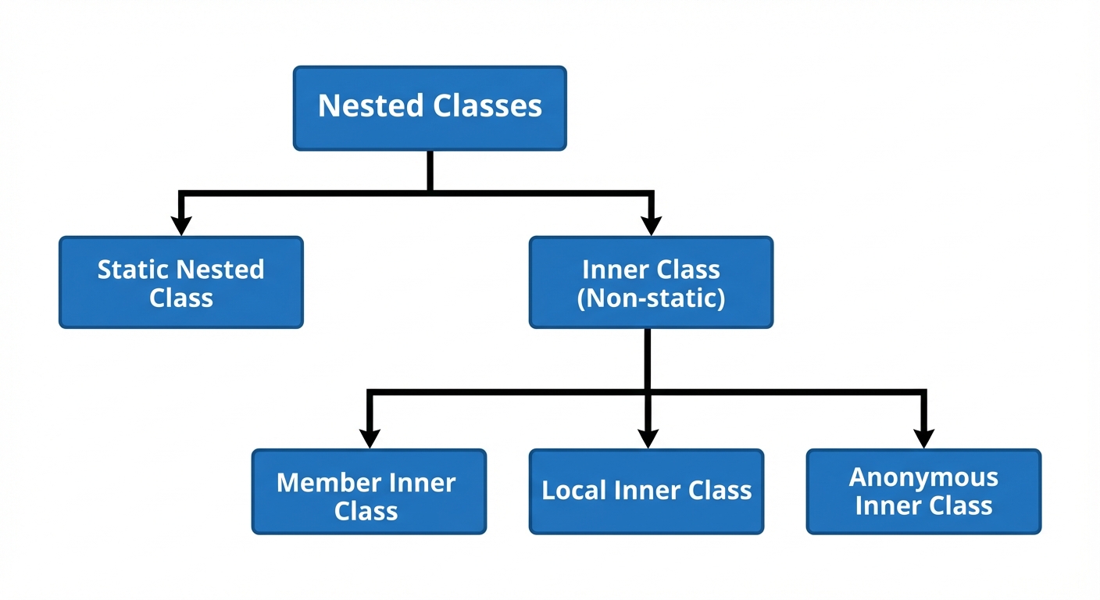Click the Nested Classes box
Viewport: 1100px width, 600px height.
coord(430,108)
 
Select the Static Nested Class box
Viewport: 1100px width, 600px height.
coord(180,282)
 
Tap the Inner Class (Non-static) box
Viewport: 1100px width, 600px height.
coord(651,282)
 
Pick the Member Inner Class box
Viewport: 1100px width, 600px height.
coord(369,491)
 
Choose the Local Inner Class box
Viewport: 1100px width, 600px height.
coord(646,491)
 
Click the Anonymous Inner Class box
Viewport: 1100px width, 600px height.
coord(923,491)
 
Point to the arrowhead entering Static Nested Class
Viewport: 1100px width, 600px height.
coord(181,226)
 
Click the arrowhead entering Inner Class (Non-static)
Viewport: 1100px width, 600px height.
coord(650,226)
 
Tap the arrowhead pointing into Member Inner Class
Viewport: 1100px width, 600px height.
coord(370,438)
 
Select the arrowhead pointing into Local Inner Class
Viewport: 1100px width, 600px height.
coord(647,438)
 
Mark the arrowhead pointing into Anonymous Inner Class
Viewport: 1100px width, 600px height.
coord(923,438)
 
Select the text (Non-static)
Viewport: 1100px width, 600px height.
coord(651,298)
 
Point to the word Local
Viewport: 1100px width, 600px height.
coord(575,491)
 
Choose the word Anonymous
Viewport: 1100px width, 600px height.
coord(923,477)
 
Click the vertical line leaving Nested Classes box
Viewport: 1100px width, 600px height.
coord(430,170)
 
